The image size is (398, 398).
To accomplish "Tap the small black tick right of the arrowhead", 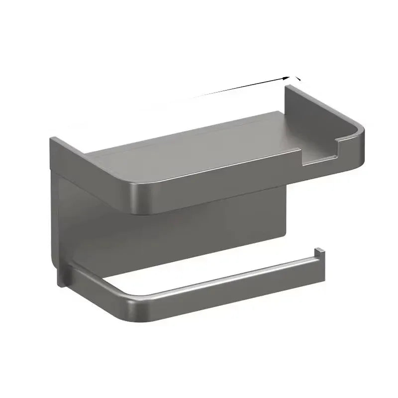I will (298, 78).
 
